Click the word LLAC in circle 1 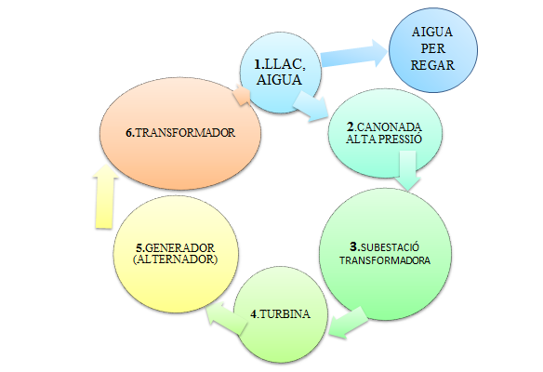283,64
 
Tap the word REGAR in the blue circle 432,65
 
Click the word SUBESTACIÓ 390,247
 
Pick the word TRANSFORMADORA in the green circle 385,260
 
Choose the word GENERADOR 179,248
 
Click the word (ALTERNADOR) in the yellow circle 175,259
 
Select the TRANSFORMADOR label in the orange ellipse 185,133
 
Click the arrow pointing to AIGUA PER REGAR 353,54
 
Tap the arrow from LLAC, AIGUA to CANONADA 311,106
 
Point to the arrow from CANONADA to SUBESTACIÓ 407,170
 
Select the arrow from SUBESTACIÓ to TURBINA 349,322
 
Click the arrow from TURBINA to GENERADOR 227,317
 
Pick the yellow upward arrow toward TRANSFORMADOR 105,196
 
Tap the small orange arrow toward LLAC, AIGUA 242,95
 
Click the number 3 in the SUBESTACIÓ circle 353,247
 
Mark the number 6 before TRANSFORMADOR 129,133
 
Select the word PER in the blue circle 433,48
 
